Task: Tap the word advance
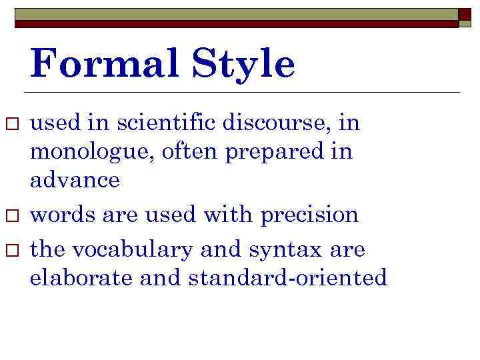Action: pos(75,180)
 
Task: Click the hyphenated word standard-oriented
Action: pos(288,278)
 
